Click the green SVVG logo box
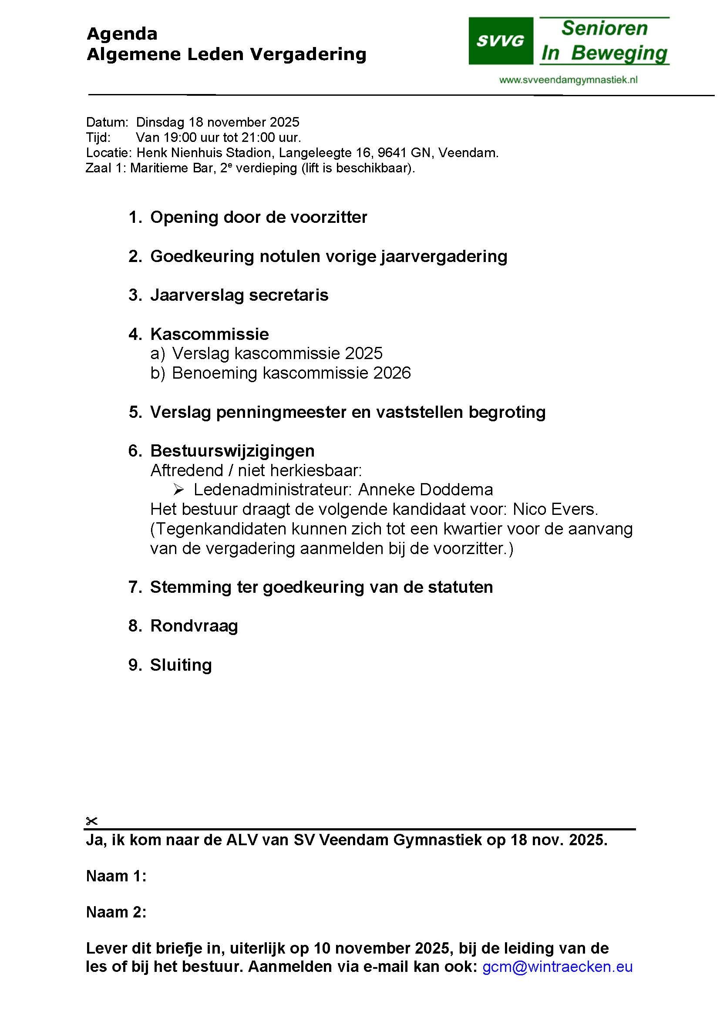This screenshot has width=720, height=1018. (x=501, y=41)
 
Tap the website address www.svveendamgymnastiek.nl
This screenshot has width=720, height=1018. (x=568, y=80)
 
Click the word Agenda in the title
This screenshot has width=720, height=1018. (x=122, y=34)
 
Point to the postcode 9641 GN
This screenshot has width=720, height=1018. (x=404, y=153)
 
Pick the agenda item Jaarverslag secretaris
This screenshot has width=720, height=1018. (x=239, y=295)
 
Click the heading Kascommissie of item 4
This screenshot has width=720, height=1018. (x=209, y=334)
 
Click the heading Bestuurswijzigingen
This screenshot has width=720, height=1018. (x=232, y=451)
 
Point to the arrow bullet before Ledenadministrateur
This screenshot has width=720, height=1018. (x=178, y=490)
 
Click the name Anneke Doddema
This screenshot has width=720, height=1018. (x=425, y=490)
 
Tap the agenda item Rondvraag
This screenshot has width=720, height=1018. (x=194, y=626)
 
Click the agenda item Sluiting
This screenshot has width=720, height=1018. (x=181, y=665)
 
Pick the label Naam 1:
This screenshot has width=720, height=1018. (x=116, y=876)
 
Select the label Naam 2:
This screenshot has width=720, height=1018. (x=116, y=912)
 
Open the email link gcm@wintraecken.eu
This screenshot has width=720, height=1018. (x=557, y=967)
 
